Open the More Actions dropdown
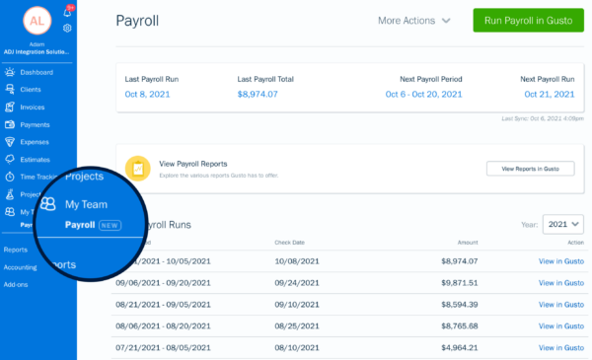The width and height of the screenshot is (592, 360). pyautogui.click(x=414, y=21)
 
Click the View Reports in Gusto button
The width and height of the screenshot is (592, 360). pyautogui.click(x=530, y=169)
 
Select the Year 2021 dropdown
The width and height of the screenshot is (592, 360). pyautogui.click(x=563, y=225)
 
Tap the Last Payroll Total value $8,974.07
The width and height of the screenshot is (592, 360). pyautogui.click(x=258, y=95)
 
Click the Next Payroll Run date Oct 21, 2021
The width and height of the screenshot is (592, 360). pyautogui.click(x=547, y=95)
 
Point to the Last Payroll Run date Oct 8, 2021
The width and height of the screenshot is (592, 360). pyautogui.click(x=149, y=95)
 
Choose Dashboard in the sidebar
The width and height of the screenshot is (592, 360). pyautogui.click(x=36, y=72)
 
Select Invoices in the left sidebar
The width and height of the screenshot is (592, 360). pyautogui.click(x=32, y=107)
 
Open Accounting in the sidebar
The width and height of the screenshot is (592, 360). pyautogui.click(x=21, y=266)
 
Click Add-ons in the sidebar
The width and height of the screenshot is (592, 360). pyautogui.click(x=18, y=283)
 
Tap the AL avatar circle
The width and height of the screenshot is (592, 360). pyautogui.click(x=37, y=20)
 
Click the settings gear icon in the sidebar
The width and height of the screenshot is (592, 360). pyautogui.click(x=67, y=29)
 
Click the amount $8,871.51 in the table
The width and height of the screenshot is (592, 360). pyautogui.click(x=458, y=282)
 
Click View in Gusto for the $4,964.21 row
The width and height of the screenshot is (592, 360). pyautogui.click(x=560, y=347)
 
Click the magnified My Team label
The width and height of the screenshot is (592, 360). pyautogui.click(x=86, y=204)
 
